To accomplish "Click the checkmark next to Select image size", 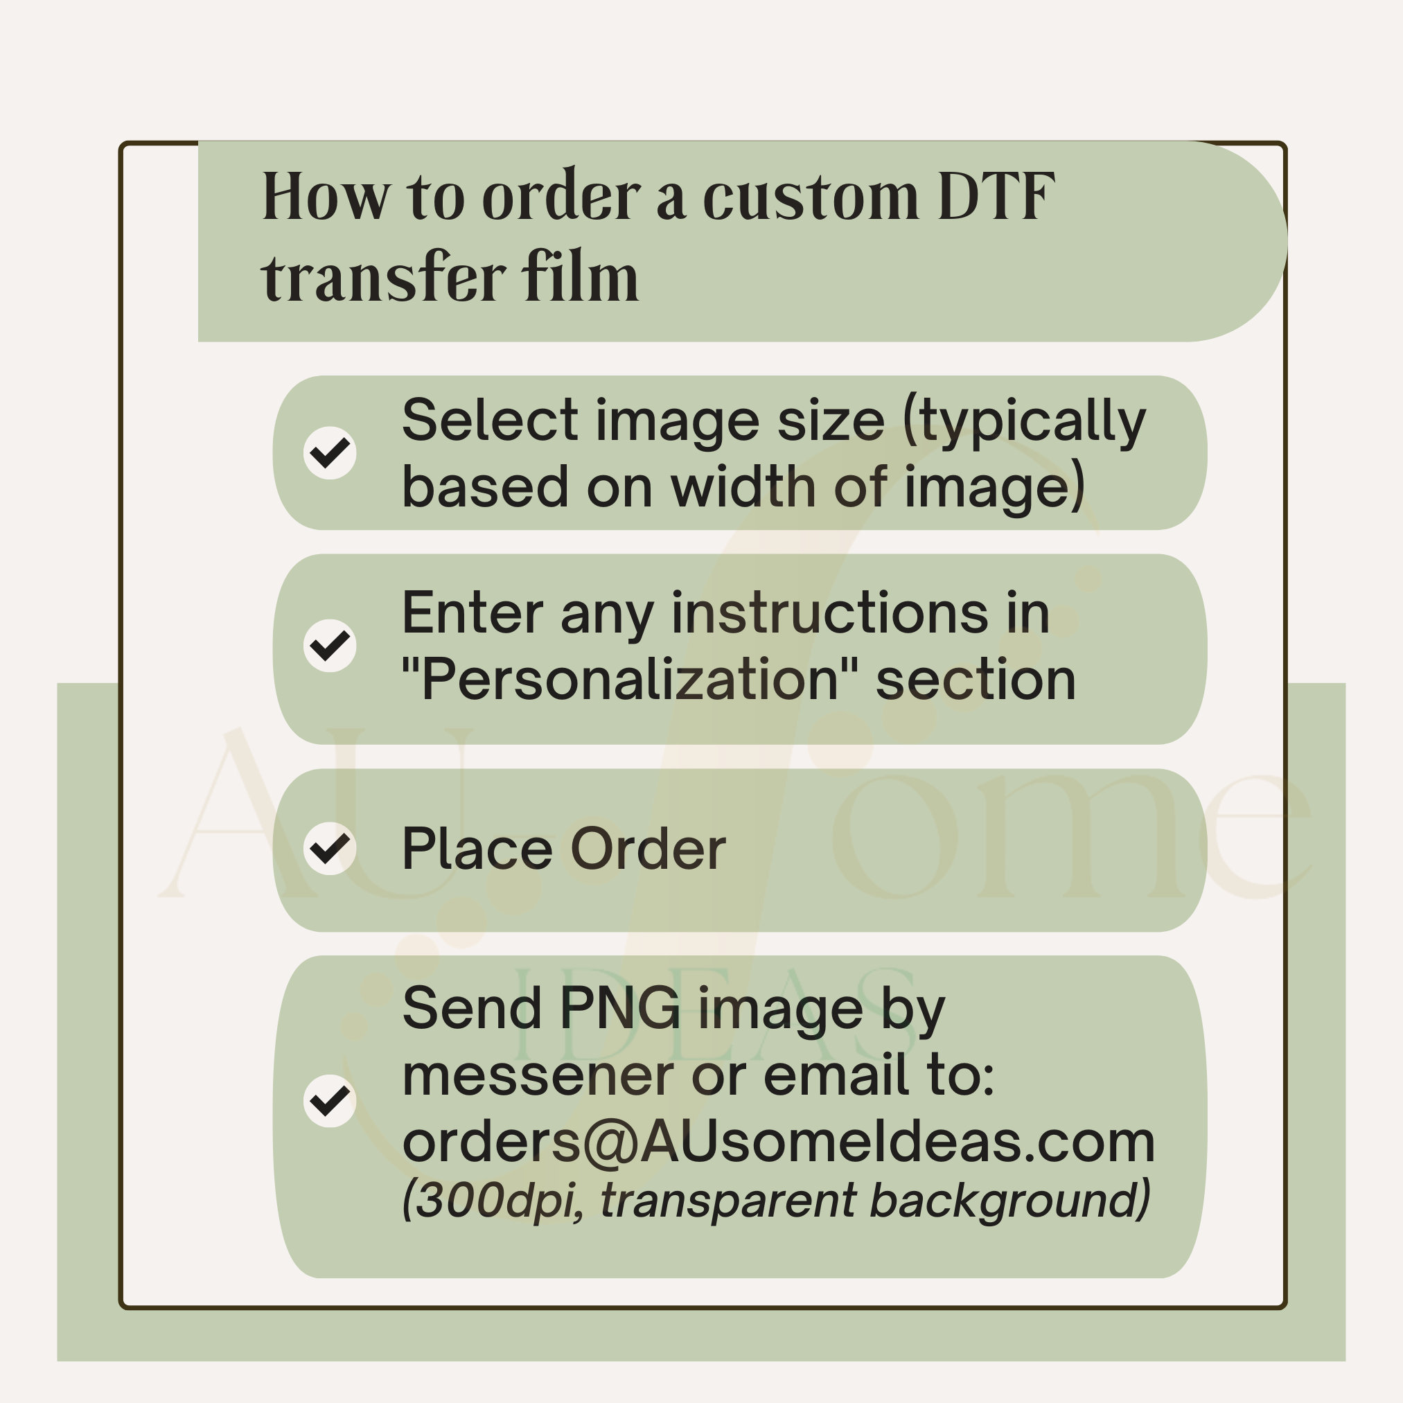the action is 330,452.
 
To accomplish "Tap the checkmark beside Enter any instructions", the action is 330,646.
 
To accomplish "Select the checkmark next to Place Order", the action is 330,848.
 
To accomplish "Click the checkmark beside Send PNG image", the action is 330,1101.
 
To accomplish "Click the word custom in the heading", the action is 811,197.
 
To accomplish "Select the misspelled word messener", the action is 538,1077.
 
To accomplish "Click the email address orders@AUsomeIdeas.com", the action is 778,1142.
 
